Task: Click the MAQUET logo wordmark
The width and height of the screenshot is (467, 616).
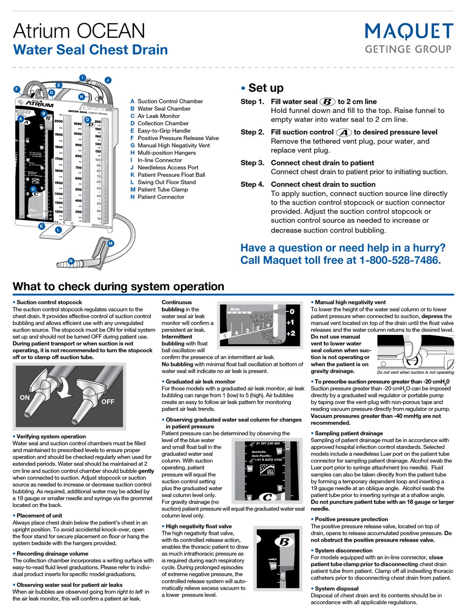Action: click(409, 32)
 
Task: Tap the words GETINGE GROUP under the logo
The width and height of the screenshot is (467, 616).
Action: click(409, 49)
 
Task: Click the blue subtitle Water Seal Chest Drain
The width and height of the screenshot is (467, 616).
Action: click(90, 50)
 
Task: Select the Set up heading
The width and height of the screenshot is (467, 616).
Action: click(265, 88)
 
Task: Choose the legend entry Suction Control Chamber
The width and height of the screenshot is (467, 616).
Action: click(170, 101)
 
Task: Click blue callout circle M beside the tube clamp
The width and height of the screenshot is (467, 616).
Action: click(111, 243)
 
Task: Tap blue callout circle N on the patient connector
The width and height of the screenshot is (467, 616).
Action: click(71, 261)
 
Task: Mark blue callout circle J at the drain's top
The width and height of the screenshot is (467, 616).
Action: click(108, 80)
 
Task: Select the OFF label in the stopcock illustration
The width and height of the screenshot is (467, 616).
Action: click(108, 402)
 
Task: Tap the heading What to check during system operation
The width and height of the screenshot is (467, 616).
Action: click(118, 286)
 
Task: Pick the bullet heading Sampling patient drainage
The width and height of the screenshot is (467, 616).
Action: click(349, 433)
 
